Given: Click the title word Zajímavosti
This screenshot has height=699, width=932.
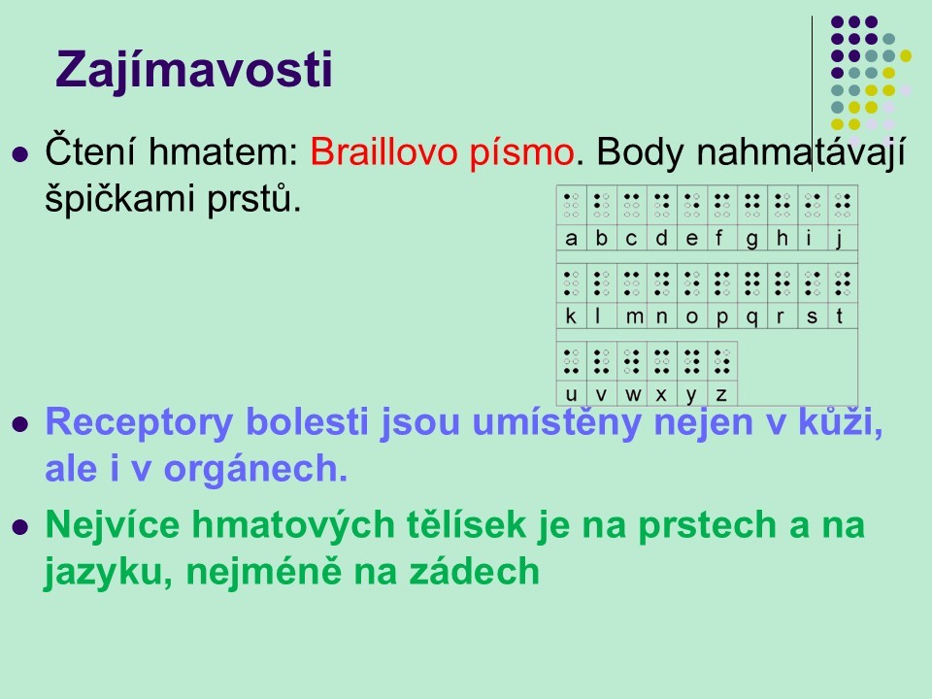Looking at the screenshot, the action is click(194, 70).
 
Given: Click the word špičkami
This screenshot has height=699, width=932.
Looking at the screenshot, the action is click(118, 198).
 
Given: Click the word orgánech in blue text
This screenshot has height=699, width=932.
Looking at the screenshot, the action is click(255, 470).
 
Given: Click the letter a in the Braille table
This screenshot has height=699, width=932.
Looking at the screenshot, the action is click(571, 239).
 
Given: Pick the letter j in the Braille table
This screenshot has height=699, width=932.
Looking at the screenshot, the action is click(839, 239).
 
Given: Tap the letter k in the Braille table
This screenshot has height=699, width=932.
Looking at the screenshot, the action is click(571, 316).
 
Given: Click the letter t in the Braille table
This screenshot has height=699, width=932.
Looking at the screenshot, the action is click(839, 316).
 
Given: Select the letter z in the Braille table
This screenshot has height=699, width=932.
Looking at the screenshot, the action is click(721, 395).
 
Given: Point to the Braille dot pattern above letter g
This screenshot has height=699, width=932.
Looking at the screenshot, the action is click(751, 205).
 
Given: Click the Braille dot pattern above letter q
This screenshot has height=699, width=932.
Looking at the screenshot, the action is click(751, 283).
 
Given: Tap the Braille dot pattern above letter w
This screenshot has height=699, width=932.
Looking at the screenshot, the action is click(632, 361).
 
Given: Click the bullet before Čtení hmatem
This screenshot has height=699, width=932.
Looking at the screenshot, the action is click(20, 154).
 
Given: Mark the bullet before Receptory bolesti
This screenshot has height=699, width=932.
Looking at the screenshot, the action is click(20, 424).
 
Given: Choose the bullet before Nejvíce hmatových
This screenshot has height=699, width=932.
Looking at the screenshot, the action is click(20, 527).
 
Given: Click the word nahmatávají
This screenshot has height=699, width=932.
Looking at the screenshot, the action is click(801, 153).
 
